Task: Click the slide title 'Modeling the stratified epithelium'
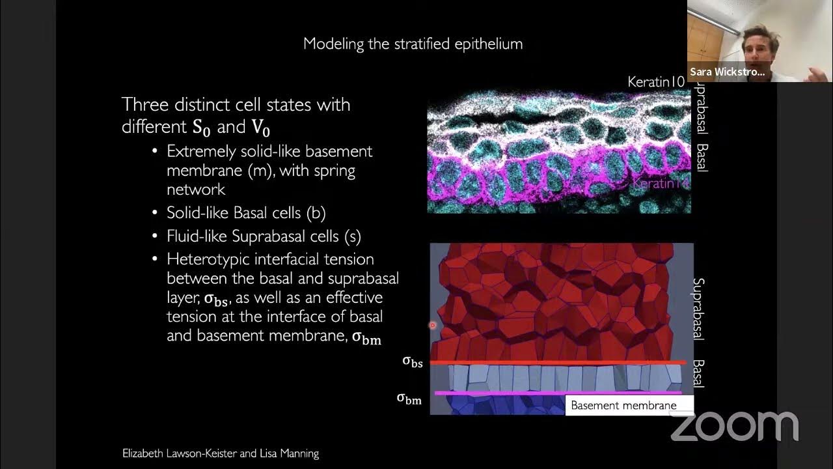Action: click(x=413, y=44)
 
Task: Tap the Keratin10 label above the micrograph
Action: click(x=656, y=82)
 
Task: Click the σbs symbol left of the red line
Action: click(x=413, y=362)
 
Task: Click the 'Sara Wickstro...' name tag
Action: click(x=728, y=72)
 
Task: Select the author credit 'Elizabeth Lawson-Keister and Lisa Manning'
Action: click(x=221, y=453)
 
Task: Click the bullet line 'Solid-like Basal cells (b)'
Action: click(x=246, y=213)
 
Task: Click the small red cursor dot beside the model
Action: click(x=432, y=325)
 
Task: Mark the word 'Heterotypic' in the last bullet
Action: click(x=205, y=259)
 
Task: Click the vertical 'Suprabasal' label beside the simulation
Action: click(x=698, y=309)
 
